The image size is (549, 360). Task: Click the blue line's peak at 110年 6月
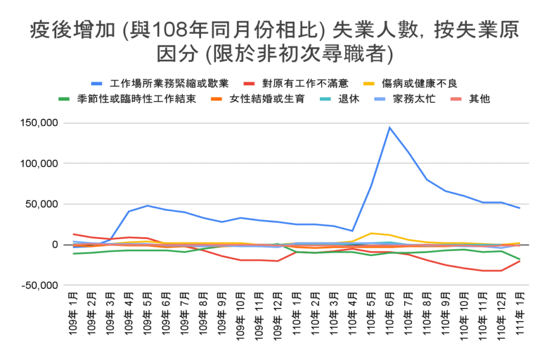pyautogui.click(x=389, y=127)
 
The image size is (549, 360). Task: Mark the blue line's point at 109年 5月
pyautogui.click(x=147, y=206)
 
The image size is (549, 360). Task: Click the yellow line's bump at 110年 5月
pyautogui.click(x=370, y=233)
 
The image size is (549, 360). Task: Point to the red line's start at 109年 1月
pyautogui.click(x=74, y=234)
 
